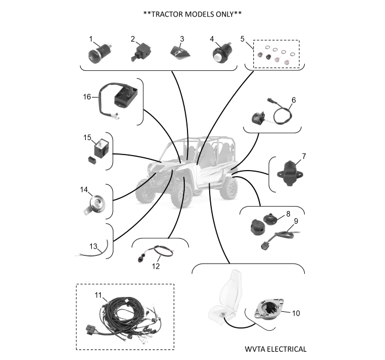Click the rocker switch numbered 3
[x=179, y=53]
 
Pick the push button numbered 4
[x=221, y=55]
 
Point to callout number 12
[x=155, y=266]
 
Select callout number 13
[x=93, y=246]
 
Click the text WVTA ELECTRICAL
[x=275, y=349]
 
